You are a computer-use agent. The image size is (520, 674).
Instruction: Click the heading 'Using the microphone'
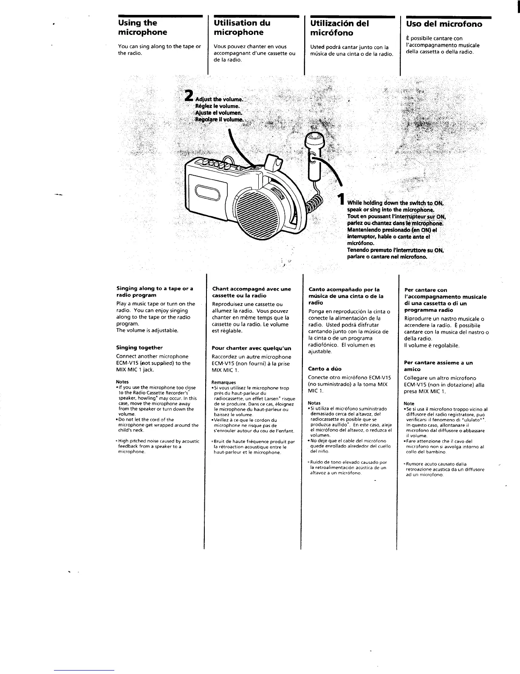(x=142, y=28)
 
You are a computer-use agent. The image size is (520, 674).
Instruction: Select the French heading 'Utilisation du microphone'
(x=242, y=28)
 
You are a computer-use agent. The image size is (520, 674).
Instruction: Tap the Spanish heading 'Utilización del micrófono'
(x=340, y=28)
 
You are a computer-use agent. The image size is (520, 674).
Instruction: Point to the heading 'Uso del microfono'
(x=444, y=24)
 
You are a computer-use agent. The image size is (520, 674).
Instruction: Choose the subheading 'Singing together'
(x=139, y=348)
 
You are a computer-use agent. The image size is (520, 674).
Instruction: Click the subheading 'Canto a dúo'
(x=325, y=369)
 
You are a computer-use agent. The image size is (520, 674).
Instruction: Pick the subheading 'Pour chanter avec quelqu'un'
(x=251, y=348)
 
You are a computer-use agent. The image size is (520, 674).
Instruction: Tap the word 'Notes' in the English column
(x=122, y=382)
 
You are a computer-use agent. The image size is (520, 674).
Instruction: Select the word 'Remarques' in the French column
(x=223, y=383)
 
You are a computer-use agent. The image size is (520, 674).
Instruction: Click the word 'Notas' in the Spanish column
(x=314, y=403)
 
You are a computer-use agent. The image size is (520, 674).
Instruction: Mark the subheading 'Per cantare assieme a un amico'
(x=438, y=366)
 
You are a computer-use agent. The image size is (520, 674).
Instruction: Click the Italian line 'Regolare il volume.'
(x=219, y=120)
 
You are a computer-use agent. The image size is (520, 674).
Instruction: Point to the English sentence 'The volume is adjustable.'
(x=147, y=330)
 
